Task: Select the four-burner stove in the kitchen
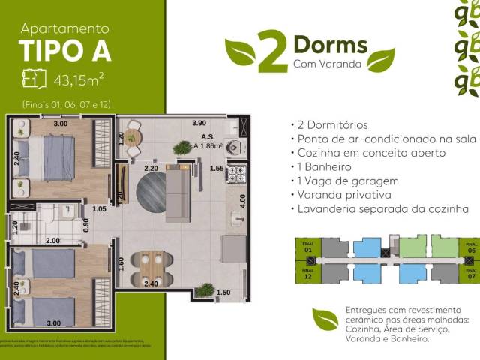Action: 236,175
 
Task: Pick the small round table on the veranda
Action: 133,136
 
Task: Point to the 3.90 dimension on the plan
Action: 199,123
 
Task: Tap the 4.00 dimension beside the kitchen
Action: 243,201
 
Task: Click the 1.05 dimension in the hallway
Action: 97,209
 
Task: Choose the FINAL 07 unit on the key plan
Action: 470,272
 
